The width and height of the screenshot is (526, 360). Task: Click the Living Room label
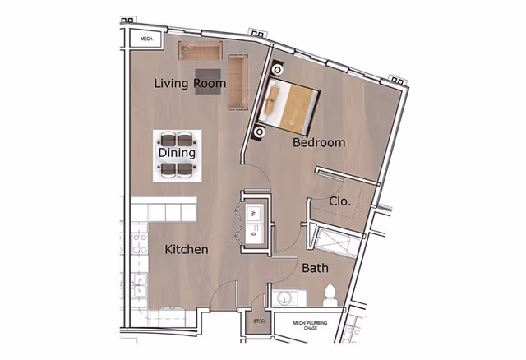[x=191, y=83]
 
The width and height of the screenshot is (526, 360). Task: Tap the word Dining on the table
[x=177, y=153]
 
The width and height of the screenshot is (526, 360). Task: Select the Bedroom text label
[x=319, y=142]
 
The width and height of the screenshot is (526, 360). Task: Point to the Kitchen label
[x=186, y=249]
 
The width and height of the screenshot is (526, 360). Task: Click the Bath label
[x=315, y=268]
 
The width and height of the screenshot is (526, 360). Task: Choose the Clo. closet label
[x=340, y=201]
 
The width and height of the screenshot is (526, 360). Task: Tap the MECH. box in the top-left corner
[x=147, y=38]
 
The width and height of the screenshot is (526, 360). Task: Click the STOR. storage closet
[x=258, y=323]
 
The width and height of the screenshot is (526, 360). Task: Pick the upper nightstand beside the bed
[x=274, y=71]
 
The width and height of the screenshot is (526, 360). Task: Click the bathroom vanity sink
[x=288, y=298]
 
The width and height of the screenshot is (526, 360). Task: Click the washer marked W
[x=254, y=212]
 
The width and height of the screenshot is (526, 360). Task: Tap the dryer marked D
[x=254, y=233]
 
